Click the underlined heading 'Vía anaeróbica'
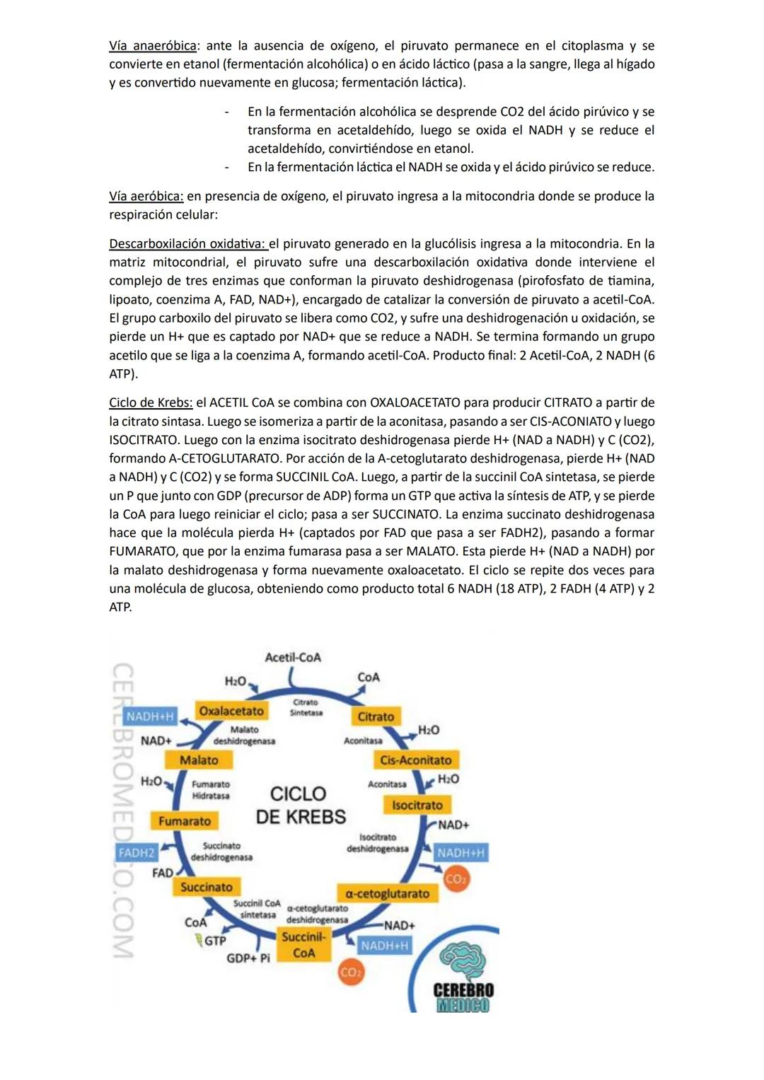(x=152, y=46)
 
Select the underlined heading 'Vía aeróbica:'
(x=146, y=196)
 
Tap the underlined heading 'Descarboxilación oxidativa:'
(x=187, y=244)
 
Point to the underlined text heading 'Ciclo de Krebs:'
(x=151, y=402)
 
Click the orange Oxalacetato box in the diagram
(x=231, y=711)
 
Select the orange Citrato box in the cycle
(x=376, y=716)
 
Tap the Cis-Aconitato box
(x=415, y=760)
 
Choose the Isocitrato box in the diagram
(x=417, y=805)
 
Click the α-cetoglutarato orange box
(x=387, y=893)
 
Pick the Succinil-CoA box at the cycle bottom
(x=303, y=945)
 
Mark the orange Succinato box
(x=206, y=887)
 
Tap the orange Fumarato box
(x=184, y=821)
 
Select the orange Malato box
(x=199, y=760)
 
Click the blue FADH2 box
(x=137, y=853)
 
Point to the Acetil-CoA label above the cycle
(x=292, y=657)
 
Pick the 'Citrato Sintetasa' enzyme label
(x=306, y=707)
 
